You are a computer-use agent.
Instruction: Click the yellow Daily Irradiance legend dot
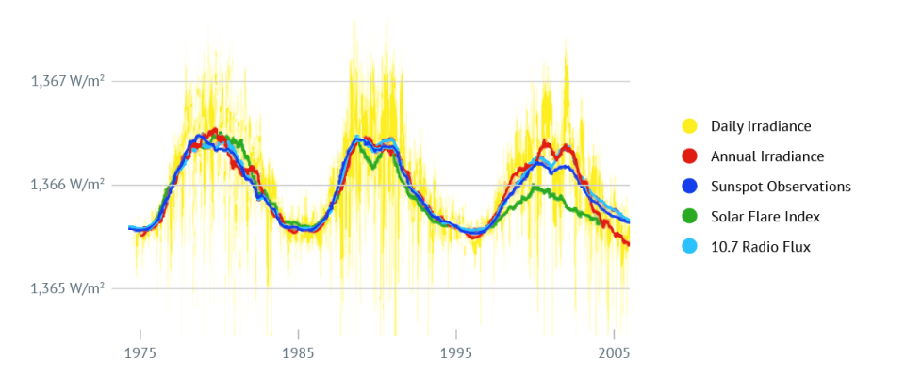(689, 126)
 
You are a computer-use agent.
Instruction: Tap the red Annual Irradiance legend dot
(689, 156)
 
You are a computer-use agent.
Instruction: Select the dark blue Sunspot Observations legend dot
(689, 187)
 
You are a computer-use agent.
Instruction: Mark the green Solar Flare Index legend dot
(689, 217)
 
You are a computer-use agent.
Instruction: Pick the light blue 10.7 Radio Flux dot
(689, 247)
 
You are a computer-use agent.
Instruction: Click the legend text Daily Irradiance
(761, 126)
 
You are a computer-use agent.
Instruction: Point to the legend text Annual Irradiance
(767, 156)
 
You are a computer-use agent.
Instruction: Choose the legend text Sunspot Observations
(781, 187)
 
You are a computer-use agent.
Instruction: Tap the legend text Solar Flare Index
(765, 217)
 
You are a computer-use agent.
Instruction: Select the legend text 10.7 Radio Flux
(761, 247)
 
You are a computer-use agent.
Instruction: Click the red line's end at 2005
(628, 245)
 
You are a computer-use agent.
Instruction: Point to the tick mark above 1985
(298, 335)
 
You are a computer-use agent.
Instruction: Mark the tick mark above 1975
(140, 335)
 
